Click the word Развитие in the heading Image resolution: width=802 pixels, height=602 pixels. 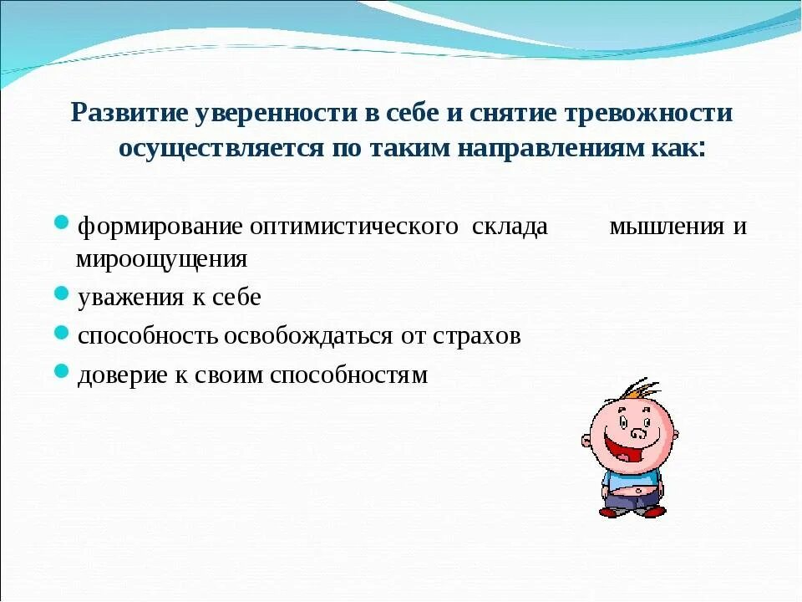129,113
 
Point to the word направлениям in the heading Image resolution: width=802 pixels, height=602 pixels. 551,148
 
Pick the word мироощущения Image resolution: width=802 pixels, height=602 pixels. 162,259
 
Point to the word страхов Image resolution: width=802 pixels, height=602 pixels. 477,336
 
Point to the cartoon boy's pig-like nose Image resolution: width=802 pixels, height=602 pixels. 640,432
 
